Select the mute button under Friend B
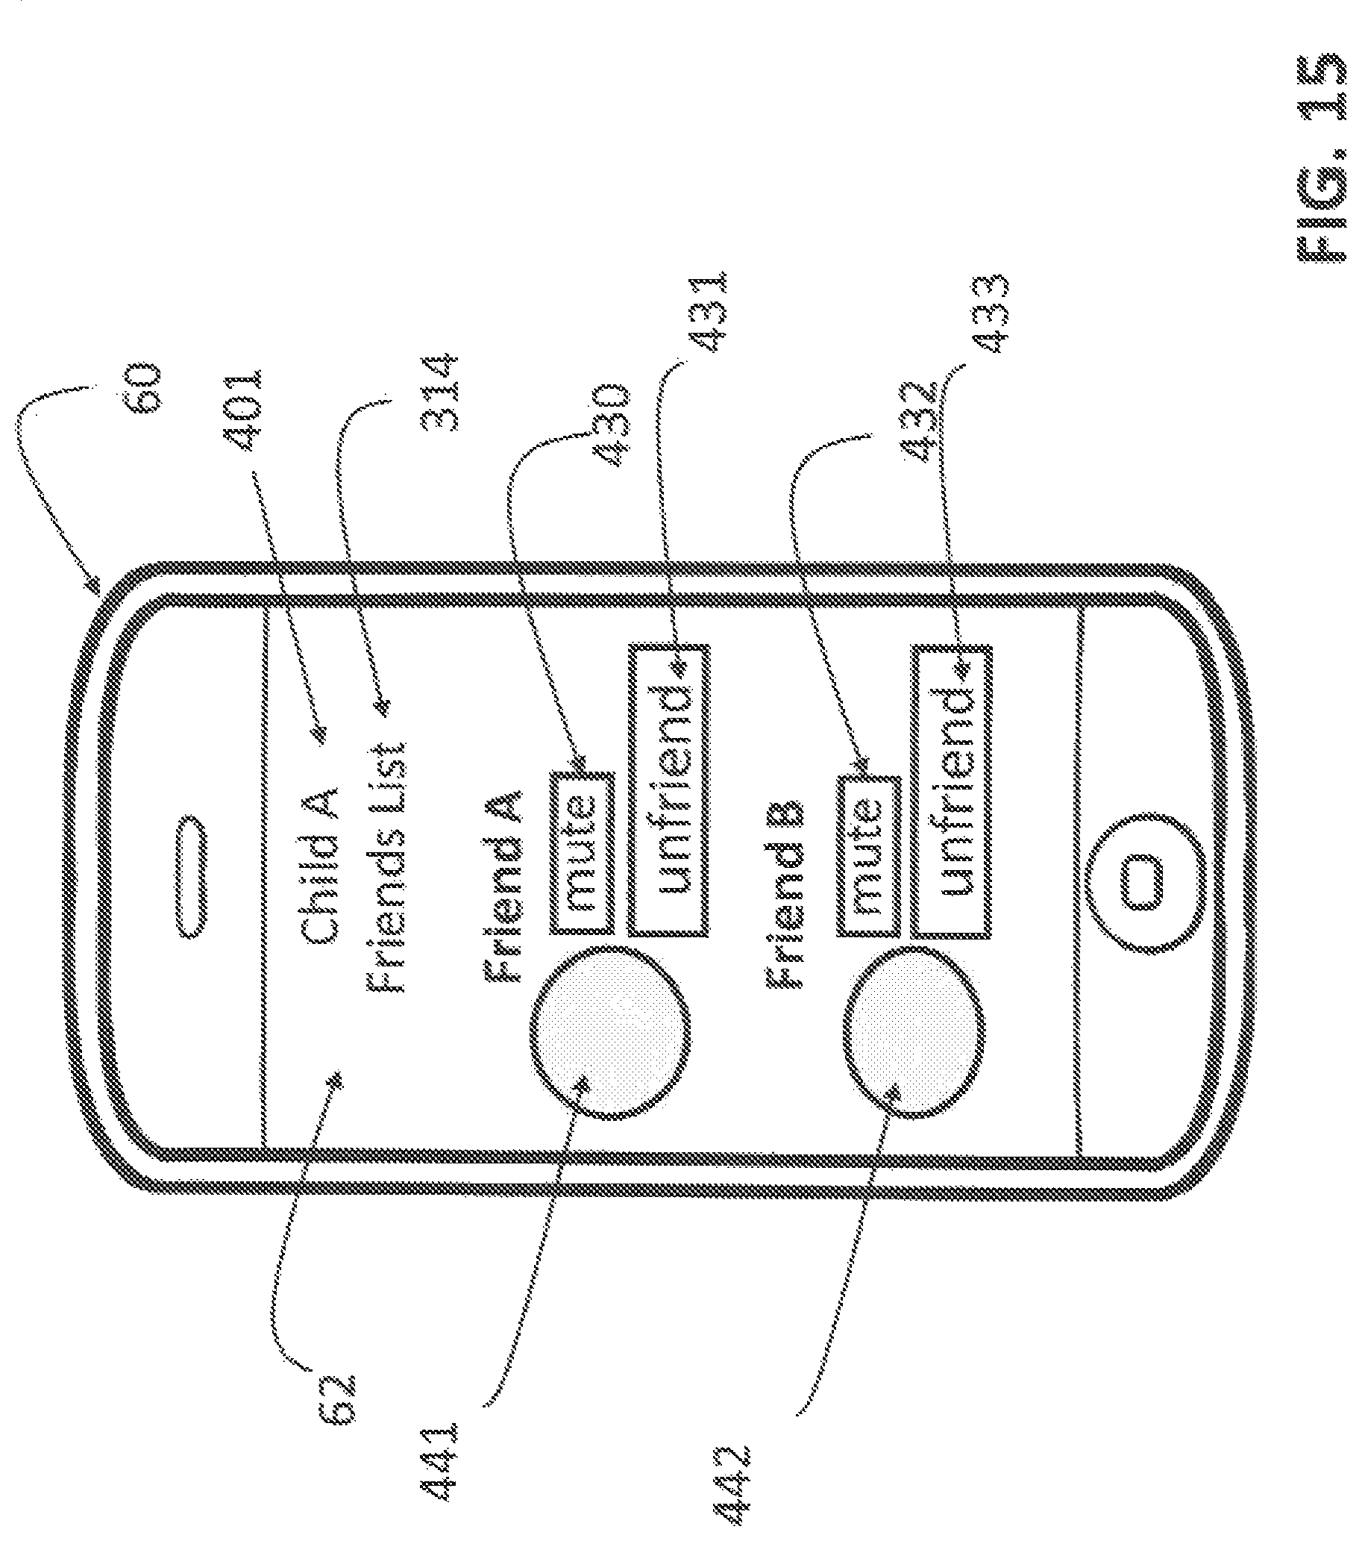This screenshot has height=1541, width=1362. coord(867,857)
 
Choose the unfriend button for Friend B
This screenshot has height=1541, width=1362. coord(950,791)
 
